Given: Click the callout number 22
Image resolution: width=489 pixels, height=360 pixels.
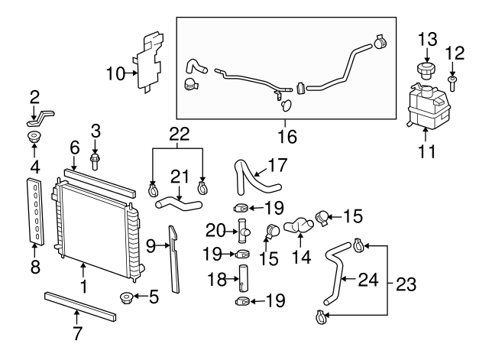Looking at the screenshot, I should (x=179, y=133).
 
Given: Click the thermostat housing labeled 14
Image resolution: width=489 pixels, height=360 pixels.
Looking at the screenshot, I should (x=298, y=226).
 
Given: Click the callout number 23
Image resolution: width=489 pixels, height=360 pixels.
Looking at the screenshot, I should (x=407, y=285).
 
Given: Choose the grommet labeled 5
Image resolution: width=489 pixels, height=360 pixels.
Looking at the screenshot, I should (x=125, y=297).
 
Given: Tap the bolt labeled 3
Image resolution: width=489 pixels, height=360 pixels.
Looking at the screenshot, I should (x=96, y=161).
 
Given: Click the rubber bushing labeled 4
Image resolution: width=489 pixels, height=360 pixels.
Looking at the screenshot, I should (x=34, y=138).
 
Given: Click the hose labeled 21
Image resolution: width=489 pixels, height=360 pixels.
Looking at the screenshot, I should (x=179, y=203).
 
